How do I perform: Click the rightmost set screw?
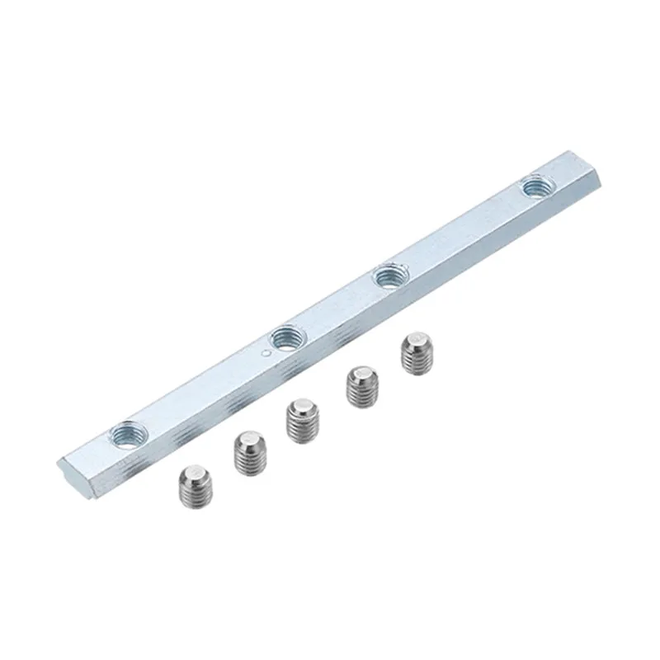(x=416, y=353)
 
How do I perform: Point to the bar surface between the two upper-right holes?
(x=462, y=232)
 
